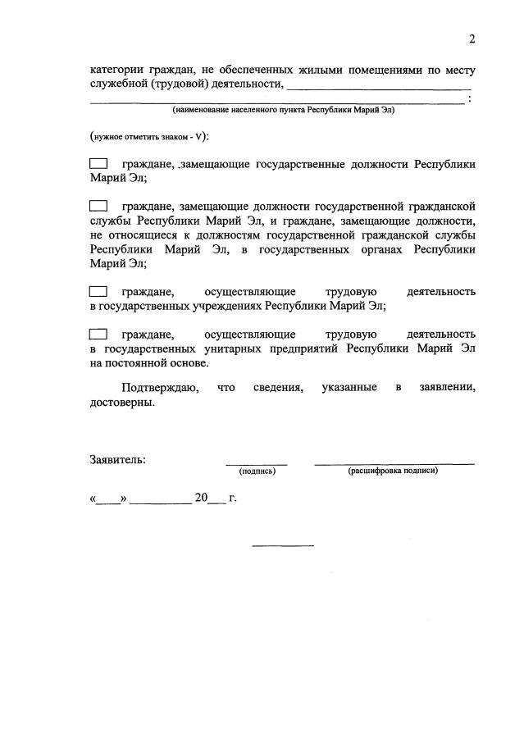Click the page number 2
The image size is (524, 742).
pyautogui.click(x=472, y=39)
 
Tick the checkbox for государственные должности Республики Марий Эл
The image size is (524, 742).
pyautogui.click(x=98, y=164)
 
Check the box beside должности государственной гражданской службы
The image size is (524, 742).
pyautogui.click(x=98, y=206)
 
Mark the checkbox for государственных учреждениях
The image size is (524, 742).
pyautogui.click(x=98, y=291)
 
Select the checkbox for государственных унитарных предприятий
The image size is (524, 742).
pyautogui.click(x=98, y=334)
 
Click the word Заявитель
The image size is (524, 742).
pyautogui.click(x=117, y=459)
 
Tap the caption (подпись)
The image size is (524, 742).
pyautogui.click(x=257, y=471)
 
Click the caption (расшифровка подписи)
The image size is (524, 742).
pyautogui.click(x=393, y=471)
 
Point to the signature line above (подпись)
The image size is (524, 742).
pyautogui.click(x=257, y=463)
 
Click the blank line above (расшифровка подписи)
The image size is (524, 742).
pyautogui.click(x=394, y=463)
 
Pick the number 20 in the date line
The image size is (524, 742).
pyautogui.click(x=201, y=498)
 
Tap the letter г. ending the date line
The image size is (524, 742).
pyautogui.click(x=233, y=498)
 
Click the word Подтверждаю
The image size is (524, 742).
pyautogui.click(x=159, y=387)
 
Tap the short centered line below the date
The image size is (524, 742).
pyautogui.click(x=282, y=545)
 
